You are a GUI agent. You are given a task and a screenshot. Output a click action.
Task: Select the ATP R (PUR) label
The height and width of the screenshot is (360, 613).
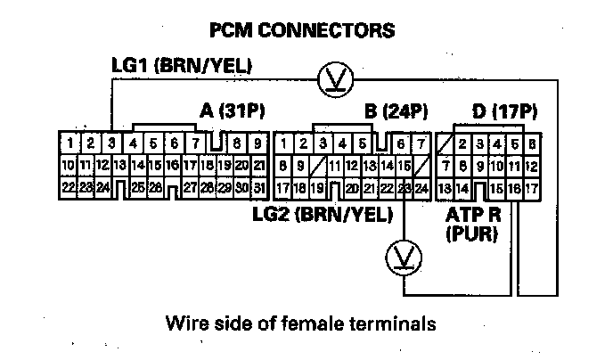pos(471,225)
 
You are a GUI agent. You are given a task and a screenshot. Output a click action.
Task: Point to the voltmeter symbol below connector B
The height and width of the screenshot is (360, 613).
pos(404,258)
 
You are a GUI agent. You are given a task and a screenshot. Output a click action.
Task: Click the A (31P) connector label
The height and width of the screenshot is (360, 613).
pos(233,111)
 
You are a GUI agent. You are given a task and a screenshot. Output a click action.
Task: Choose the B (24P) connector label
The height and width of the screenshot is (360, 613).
pos(396,111)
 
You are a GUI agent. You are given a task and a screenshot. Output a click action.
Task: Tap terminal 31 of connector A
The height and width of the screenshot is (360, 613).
pos(258,188)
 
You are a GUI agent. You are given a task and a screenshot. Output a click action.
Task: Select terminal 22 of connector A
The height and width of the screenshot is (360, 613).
pos(68,188)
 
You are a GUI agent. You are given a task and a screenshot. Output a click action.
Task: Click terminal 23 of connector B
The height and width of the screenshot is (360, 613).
pos(405,188)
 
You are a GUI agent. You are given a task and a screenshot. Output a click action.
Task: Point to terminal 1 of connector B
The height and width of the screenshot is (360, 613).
pos(283,143)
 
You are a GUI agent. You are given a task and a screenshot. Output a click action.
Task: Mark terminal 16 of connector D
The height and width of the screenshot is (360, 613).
pos(514,188)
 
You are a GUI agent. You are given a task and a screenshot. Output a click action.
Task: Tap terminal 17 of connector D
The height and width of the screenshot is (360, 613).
pos(531,188)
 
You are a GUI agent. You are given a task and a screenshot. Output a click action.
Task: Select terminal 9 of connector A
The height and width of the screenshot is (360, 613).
pos(257,143)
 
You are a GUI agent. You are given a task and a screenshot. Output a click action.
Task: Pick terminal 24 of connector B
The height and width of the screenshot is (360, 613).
pos(421,188)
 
